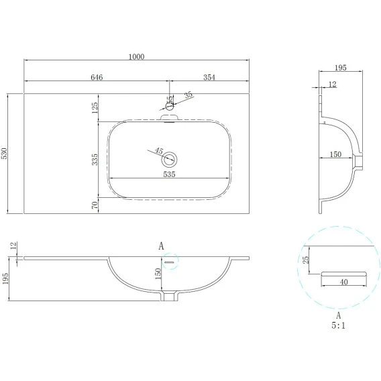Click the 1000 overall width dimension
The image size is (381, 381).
point(136,56)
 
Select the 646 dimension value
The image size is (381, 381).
point(97,77)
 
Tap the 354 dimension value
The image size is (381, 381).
point(209,77)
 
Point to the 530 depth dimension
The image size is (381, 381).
point(5,154)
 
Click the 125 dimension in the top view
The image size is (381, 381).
point(95,107)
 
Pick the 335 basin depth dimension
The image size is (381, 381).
point(95,160)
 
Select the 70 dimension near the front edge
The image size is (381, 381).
point(95,205)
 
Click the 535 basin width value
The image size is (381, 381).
point(169,174)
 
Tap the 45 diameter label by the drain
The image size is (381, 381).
point(159,151)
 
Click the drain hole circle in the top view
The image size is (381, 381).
point(169,160)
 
